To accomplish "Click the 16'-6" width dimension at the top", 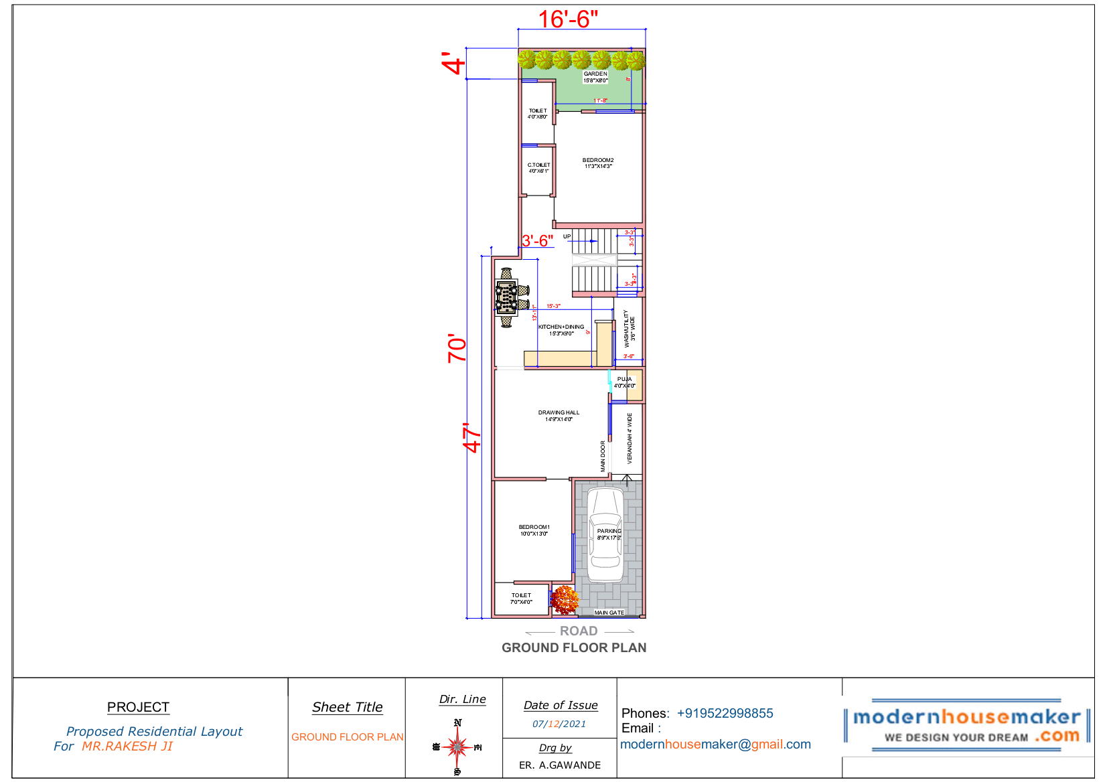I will [568, 19].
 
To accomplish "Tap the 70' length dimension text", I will [457, 348].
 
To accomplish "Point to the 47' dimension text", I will [472, 437].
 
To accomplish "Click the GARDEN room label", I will [595, 74].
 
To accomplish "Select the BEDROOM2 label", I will [598, 161].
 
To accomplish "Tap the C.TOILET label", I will [538, 165].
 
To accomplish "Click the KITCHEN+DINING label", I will [561, 327].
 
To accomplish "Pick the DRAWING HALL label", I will [559, 413].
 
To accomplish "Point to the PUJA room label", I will [624, 380].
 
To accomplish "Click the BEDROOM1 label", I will [534, 528].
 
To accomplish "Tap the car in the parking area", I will [605, 536].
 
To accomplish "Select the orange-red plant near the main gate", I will [564, 599].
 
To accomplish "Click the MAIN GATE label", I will [609, 613].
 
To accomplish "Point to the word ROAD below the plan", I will [579, 631].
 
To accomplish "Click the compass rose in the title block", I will [457, 747].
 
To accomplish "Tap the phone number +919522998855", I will [725, 714].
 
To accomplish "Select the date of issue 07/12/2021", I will [559, 724].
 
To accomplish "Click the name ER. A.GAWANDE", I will [560, 765].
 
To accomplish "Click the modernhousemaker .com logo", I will [966, 726].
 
